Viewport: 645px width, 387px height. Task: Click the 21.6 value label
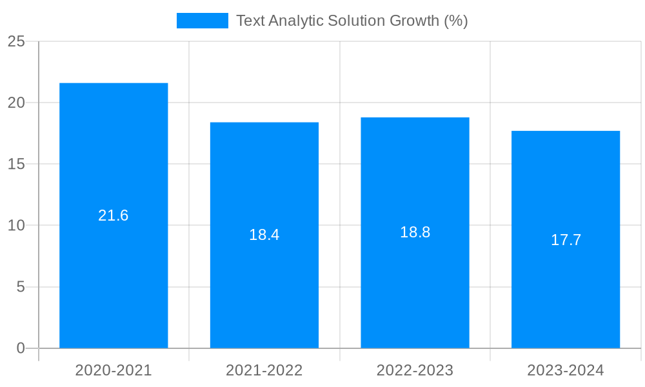(x=114, y=215)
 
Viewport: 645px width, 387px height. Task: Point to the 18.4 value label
(x=264, y=235)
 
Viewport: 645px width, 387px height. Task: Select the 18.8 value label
(x=415, y=232)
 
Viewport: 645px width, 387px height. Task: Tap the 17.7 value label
(x=566, y=240)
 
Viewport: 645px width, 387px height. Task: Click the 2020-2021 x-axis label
(x=114, y=370)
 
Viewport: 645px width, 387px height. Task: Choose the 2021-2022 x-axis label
(x=264, y=370)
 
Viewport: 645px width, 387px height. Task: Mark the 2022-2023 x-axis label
(x=415, y=370)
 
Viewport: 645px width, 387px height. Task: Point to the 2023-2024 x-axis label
(x=566, y=370)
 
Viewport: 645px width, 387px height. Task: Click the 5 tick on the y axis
(x=21, y=287)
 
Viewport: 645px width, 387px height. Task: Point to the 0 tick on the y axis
(x=21, y=348)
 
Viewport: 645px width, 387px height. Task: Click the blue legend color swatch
(x=203, y=21)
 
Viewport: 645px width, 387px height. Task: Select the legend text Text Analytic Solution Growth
(x=352, y=21)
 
